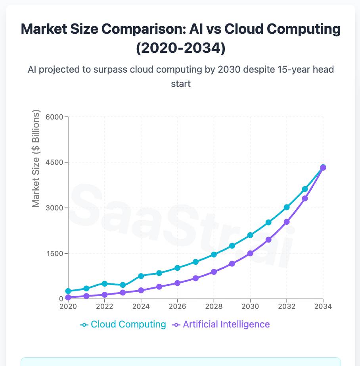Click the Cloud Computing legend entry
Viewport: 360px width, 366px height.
[123, 324]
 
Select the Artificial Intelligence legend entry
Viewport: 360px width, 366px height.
[221, 324]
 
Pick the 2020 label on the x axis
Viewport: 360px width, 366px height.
[68, 307]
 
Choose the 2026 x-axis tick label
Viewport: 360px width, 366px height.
[177, 307]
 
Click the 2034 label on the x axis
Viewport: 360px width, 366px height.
[323, 307]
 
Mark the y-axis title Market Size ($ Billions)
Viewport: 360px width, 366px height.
[36, 159]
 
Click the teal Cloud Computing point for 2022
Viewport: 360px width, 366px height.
[105, 283]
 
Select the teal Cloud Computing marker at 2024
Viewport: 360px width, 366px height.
[141, 276]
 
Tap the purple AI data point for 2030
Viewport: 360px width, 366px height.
[250, 253]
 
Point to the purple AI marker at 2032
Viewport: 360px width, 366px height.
[287, 222]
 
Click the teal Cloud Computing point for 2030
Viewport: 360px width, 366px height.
[250, 235]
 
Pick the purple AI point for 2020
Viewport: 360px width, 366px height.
[68, 297]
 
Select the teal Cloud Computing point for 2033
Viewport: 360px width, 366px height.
[305, 189]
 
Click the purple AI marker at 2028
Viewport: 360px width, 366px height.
[214, 272]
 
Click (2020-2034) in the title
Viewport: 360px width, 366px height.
[180, 48]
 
